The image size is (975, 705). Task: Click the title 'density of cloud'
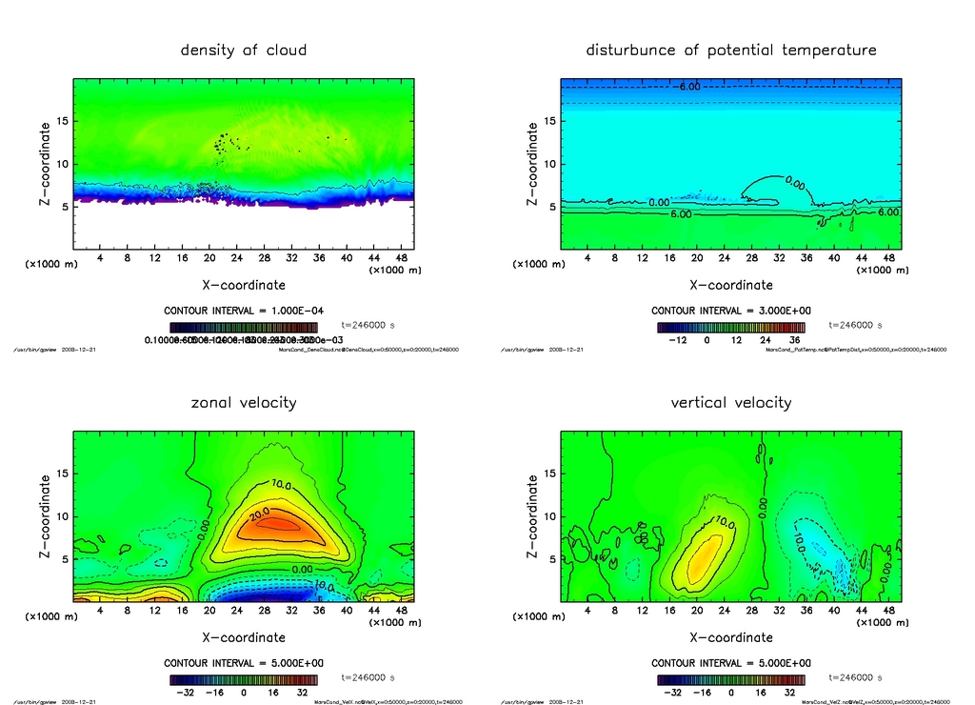244,50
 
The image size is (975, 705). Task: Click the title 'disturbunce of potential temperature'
730,50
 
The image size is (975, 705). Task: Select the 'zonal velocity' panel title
244,402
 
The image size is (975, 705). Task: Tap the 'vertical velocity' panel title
730,402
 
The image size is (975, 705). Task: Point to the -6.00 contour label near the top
688,87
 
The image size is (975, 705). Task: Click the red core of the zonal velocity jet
276,523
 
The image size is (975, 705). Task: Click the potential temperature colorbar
730,327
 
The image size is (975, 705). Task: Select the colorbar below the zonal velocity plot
244,679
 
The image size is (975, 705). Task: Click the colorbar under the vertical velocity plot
730,679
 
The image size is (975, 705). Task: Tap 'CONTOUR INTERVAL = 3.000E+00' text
731,311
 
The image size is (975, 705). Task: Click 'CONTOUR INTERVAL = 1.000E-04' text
244,311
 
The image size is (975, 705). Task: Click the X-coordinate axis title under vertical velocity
730,636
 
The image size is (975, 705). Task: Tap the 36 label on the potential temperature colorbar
792,338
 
